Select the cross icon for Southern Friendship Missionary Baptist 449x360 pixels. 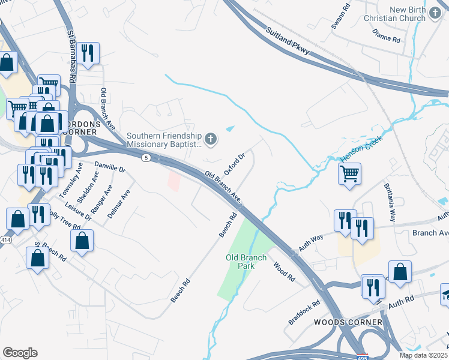(210, 140)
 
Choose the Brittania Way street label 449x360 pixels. (390, 203)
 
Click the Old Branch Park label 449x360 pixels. (246, 261)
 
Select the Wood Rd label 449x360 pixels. (285, 272)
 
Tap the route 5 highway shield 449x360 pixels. (146, 157)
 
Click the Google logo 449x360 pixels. (20, 352)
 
